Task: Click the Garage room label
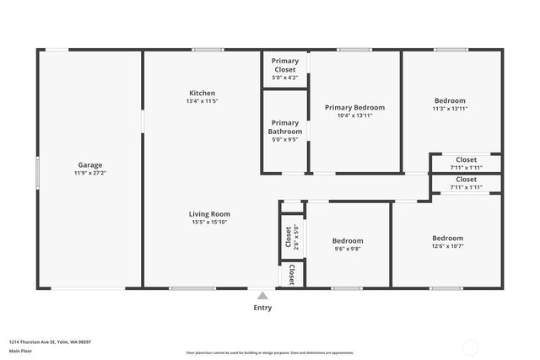click(x=91, y=164)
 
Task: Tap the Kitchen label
click(x=202, y=93)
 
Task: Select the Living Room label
click(x=209, y=214)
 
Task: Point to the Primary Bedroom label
click(x=354, y=107)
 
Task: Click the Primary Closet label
click(x=285, y=65)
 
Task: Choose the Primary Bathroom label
click(x=285, y=127)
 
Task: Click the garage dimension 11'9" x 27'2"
click(x=91, y=173)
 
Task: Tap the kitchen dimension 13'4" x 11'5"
click(x=202, y=101)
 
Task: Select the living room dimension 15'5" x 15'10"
click(x=209, y=223)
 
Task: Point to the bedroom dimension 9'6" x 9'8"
click(x=348, y=249)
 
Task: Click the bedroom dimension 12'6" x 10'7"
click(x=447, y=246)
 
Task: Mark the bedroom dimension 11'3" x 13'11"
click(x=449, y=109)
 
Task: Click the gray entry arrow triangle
click(x=263, y=296)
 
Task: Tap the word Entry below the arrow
click(x=263, y=309)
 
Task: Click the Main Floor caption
click(x=21, y=351)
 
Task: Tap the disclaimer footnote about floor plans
click(x=270, y=352)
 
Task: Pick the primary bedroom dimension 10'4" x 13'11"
click(x=354, y=116)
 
